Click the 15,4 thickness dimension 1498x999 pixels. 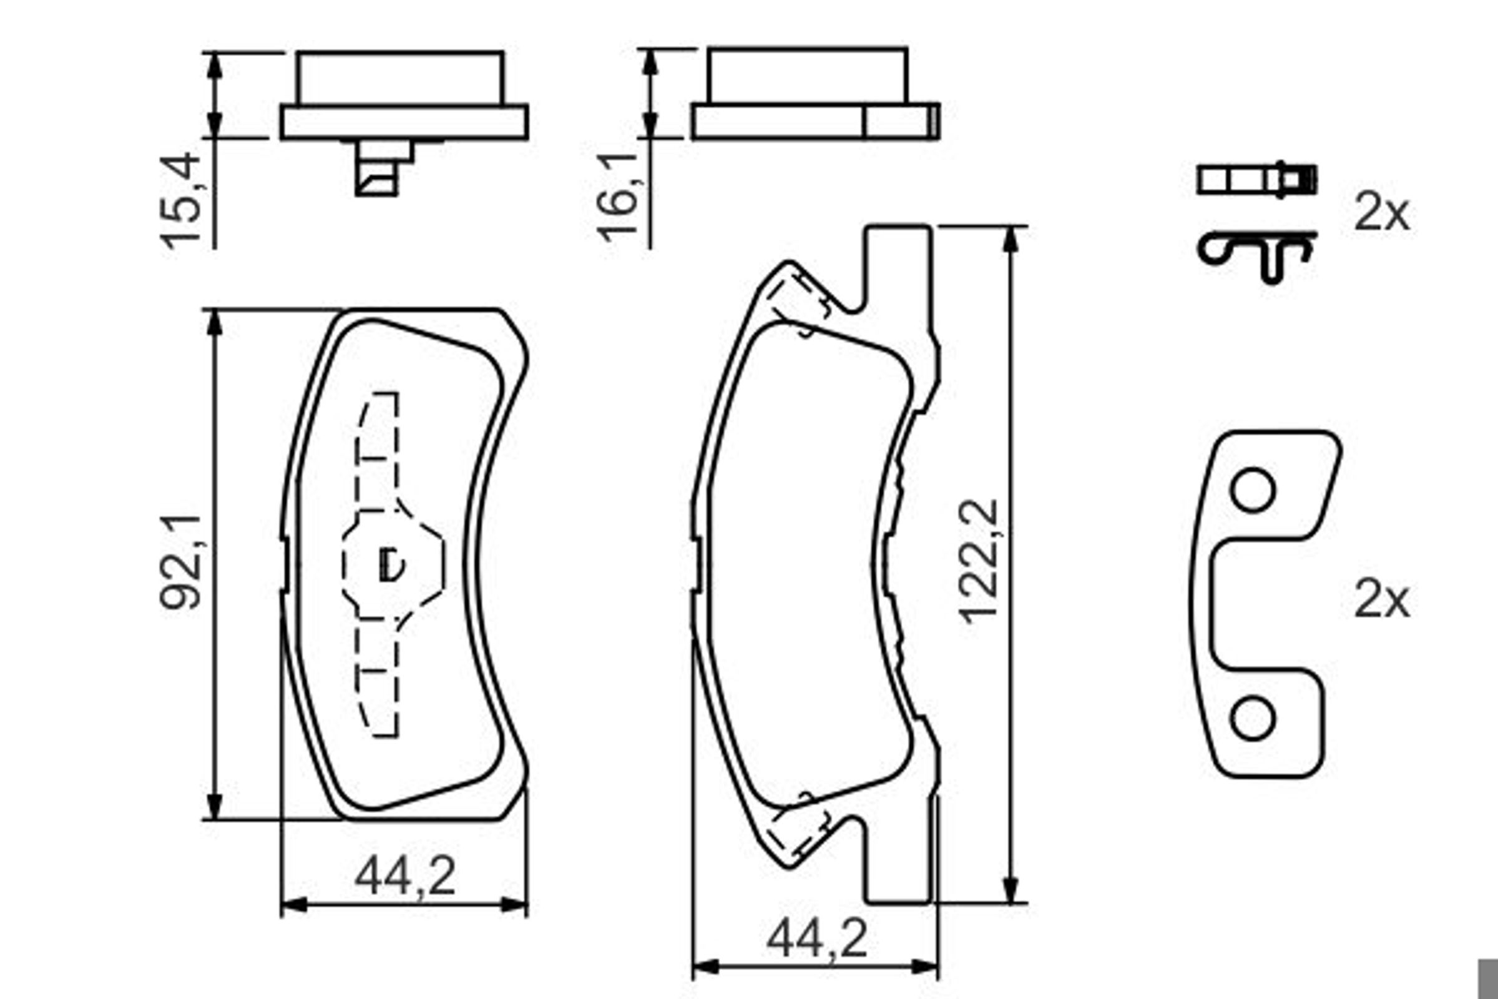pyautogui.click(x=181, y=200)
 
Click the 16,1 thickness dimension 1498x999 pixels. pyautogui.click(x=617, y=198)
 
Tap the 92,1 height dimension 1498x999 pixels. pyautogui.click(x=181, y=561)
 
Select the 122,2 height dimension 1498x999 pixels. pyautogui.click(x=978, y=561)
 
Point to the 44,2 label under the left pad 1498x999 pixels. pyautogui.click(x=405, y=876)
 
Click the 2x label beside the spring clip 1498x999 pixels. pyautogui.click(x=1381, y=212)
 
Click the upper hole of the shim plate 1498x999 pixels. pyautogui.click(x=1253, y=490)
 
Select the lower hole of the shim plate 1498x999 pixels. pyautogui.click(x=1253, y=719)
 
